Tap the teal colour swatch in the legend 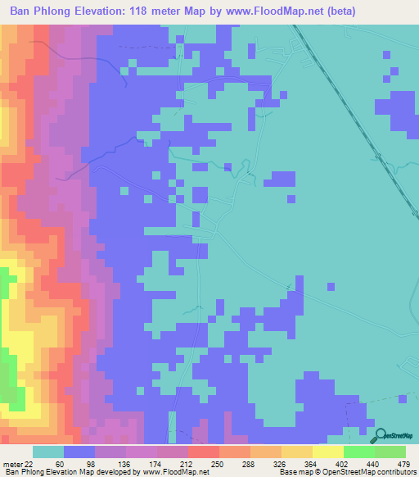(x=47, y=452)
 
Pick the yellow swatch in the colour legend (x=327, y=452)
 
